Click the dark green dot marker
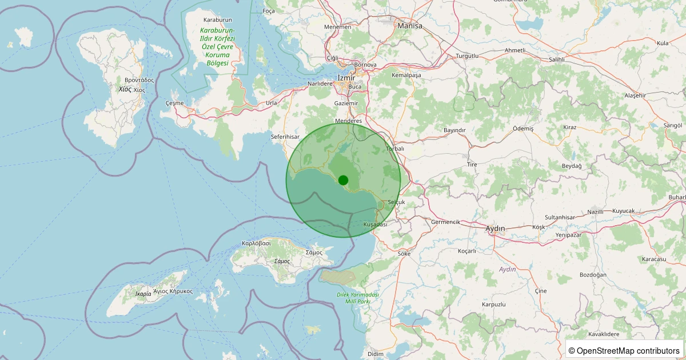(343, 180)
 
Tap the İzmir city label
(347, 78)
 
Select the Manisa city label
(410, 26)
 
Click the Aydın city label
(495, 229)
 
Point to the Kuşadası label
(375, 225)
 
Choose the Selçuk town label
(396, 202)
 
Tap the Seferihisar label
(285, 137)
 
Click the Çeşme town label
(174, 103)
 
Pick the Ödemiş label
(523, 129)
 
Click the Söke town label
(404, 253)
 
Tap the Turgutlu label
(467, 56)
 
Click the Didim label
(376, 354)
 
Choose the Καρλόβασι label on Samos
(256, 243)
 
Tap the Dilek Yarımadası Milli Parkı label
(358, 297)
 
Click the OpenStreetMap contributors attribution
(624, 350)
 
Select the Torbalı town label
(395, 149)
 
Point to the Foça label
(269, 11)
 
